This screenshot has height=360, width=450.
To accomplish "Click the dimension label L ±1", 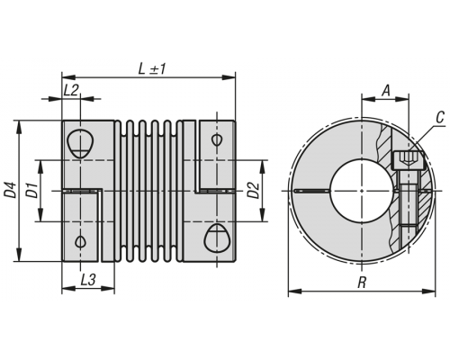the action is pyautogui.click(x=152, y=69).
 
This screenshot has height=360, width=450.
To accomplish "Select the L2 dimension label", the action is pyautogui.click(x=71, y=90).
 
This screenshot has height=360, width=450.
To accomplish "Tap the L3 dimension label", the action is pyautogui.click(x=88, y=280).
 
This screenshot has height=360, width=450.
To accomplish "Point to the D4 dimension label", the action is pyautogui.click(x=10, y=190).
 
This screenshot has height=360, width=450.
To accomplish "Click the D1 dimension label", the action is pyautogui.click(x=32, y=190).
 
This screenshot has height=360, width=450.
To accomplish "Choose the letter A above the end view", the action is pyautogui.click(x=386, y=90).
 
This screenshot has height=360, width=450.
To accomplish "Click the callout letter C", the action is pyautogui.click(x=440, y=118).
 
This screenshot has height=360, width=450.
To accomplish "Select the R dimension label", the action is pyautogui.click(x=363, y=283).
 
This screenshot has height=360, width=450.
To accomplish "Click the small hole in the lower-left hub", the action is pyautogui.click(x=80, y=241).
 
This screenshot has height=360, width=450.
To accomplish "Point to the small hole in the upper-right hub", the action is pyautogui.click(x=216, y=139).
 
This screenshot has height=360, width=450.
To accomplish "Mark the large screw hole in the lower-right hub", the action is pyautogui.click(x=216, y=238).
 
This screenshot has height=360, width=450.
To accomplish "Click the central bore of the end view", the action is pyautogui.click(x=363, y=191).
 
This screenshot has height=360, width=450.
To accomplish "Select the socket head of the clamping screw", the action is pyautogui.click(x=408, y=160).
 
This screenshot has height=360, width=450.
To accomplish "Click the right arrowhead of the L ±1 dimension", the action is pyautogui.click(x=229, y=77).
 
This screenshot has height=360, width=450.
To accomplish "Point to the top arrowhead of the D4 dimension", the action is pyautogui.click(x=20, y=127).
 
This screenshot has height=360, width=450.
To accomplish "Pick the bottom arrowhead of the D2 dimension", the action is pyautogui.click(x=263, y=215).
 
